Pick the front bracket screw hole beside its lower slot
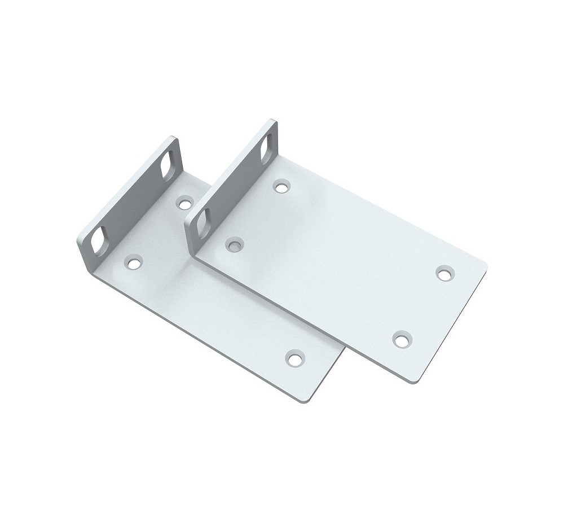233,244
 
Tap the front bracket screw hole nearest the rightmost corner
444,274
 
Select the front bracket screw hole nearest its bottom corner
401,340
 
